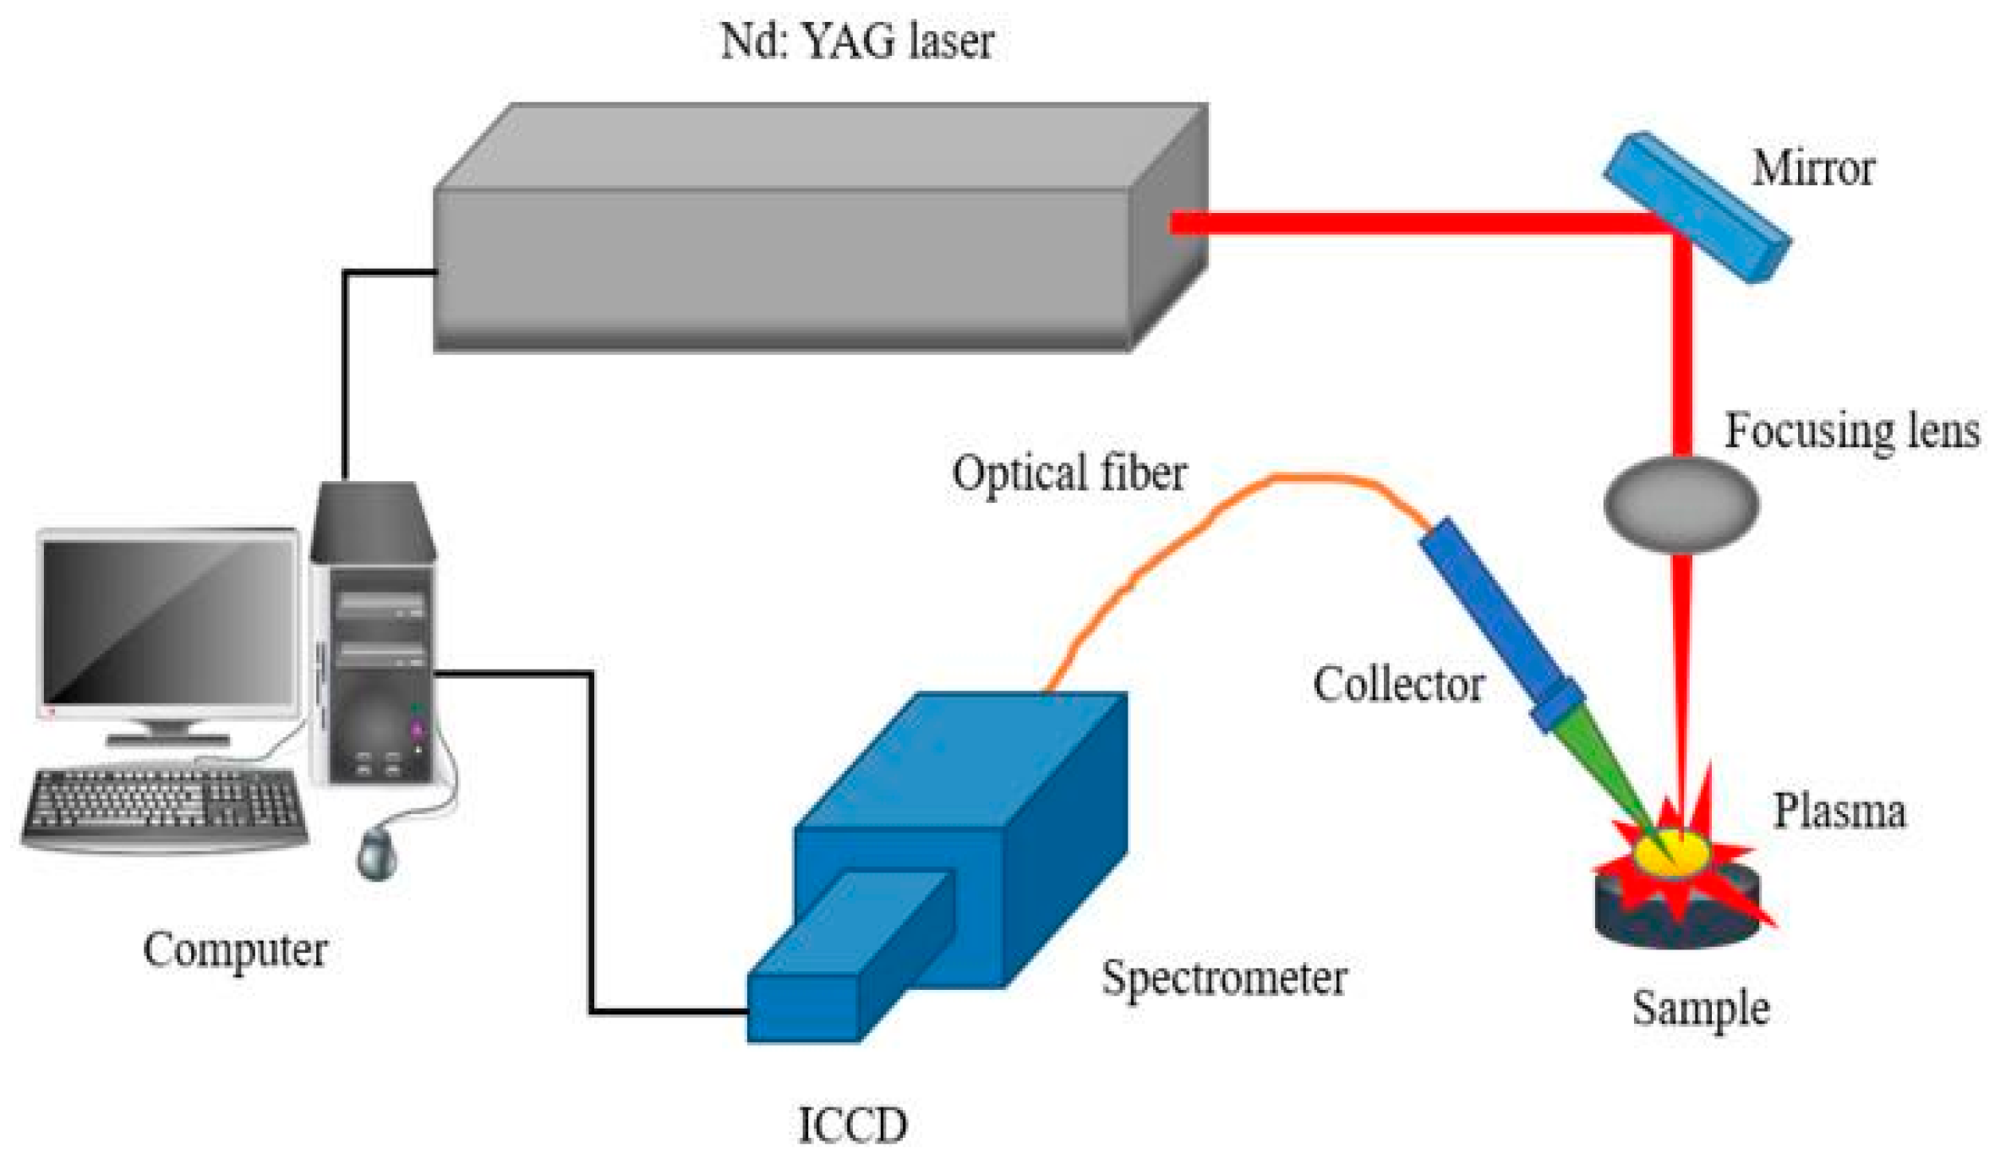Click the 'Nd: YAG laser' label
pyautogui.click(x=855, y=41)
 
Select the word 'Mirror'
pyautogui.click(x=1812, y=168)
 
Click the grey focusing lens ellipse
pyautogui.click(x=1681, y=504)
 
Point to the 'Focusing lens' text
pyautogui.click(x=1851, y=431)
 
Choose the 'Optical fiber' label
pyautogui.click(x=1069, y=473)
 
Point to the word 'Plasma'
pyautogui.click(x=1839, y=812)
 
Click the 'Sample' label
pyautogui.click(x=1699, y=1008)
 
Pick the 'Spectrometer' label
pyautogui.click(x=1223, y=978)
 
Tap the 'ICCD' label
pyautogui.click(x=852, y=1125)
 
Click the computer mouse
pyautogui.click(x=377, y=854)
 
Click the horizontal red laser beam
pyautogui.click(x=1420, y=223)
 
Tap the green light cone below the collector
pyautogui.click(x=1606, y=769)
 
